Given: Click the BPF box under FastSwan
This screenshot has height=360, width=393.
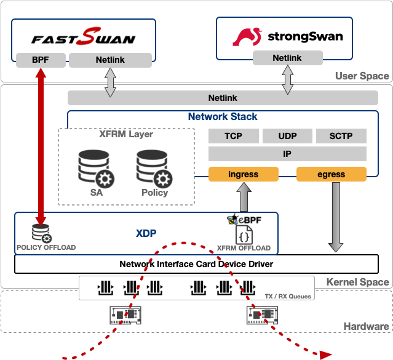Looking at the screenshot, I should pyautogui.click(x=40, y=60).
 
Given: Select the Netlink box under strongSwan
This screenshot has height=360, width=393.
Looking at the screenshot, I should pyautogui.click(x=287, y=58).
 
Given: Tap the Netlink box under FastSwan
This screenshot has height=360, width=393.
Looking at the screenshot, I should pyautogui.click(x=110, y=60).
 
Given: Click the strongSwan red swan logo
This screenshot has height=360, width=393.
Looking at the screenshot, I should pyautogui.click(x=248, y=36).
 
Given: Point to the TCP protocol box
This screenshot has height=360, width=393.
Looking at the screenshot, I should pyautogui.click(x=233, y=136).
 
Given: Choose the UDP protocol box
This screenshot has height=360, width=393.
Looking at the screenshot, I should pyautogui.click(x=287, y=136).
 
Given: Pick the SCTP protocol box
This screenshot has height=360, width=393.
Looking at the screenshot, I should pyautogui.click(x=341, y=136).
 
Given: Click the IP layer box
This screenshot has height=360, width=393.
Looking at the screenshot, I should pyautogui.click(x=287, y=154).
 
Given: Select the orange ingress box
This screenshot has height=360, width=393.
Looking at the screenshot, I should pyautogui.click(x=243, y=174).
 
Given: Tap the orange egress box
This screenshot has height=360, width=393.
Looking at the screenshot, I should pyautogui.click(x=331, y=174).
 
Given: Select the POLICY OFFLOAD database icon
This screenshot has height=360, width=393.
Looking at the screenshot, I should pyautogui.click(x=42, y=233).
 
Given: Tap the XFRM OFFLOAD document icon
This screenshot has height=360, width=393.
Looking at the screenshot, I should pyautogui.click(x=243, y=234).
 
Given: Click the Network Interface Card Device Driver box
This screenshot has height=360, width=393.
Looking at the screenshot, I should pyautogui.click(x=196, y=264).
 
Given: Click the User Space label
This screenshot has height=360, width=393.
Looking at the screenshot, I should pyautogui.click(x=362, y=76).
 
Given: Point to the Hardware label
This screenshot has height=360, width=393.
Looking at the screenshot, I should pyautogui.click(x=366, y=327).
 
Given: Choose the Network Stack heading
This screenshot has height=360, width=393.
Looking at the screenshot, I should pyautogui.click(x=223, y=117).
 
